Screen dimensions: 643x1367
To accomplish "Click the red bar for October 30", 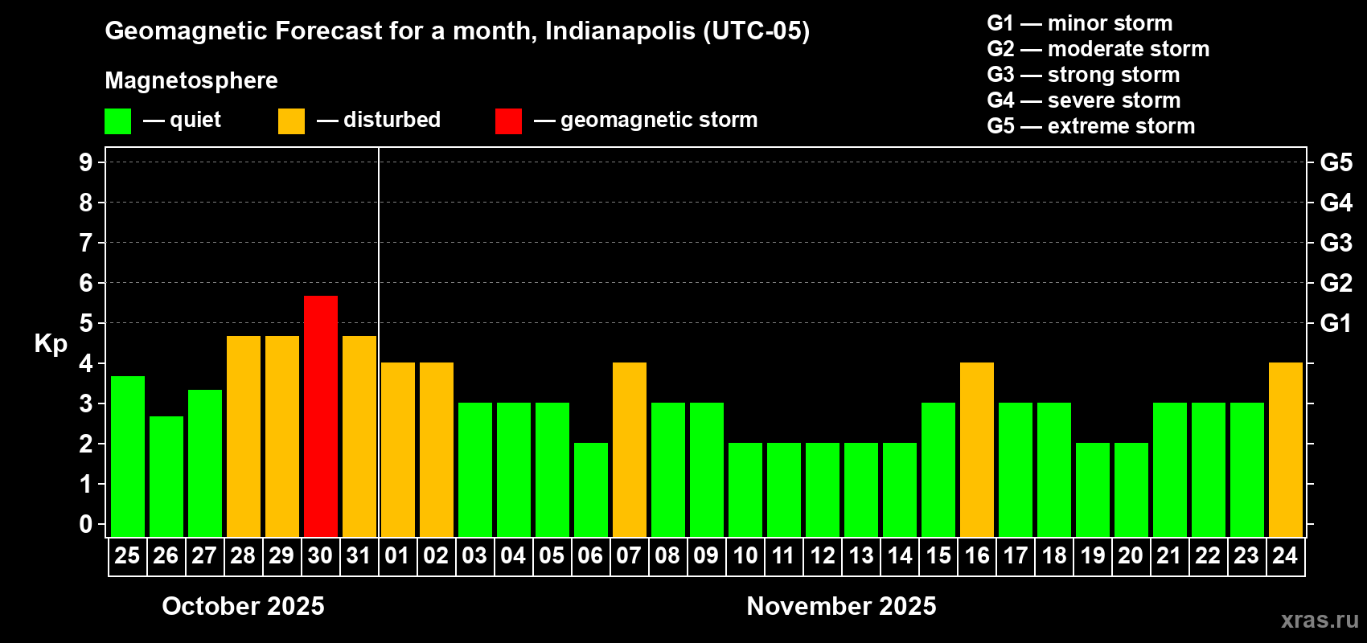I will pyautogui.click(x=320, y=416).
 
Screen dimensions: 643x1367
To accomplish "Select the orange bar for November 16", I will pyautogui.click(x=977, y=449).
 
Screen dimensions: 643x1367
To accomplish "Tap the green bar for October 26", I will pyautogui.click(x=166, y=476).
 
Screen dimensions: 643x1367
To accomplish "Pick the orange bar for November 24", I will pyautogui.click(x=1285, y=449).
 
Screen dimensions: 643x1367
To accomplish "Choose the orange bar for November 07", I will pyautogui.click(x=629, y=449).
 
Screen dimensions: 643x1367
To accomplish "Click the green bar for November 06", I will pyautogui.click(x=590, y=489).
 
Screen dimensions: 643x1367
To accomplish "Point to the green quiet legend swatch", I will pyautogui.click(x=117, y=121).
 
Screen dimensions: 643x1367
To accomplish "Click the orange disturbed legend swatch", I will pyautogui.click(x=291, y=121).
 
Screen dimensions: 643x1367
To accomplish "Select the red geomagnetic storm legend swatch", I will pyautogui.click(x=508, y=121).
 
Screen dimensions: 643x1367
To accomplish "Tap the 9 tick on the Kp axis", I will pyautogui.click(x=86, y=162).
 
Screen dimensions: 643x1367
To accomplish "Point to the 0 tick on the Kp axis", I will pyautogui.click(x=86, y=524).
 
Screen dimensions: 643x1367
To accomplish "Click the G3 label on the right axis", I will pyautogui.click(x=1336, y=243).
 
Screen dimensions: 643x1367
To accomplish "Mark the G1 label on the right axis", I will pyautogui.click(x=1336, y=323).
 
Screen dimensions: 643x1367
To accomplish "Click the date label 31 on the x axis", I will pyautogui.click(x=359, y=555).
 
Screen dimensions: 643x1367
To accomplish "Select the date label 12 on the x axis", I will pyautogui.click(x=822, y=555).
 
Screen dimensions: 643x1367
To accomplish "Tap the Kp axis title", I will pyautogui.click(x=51, y=344).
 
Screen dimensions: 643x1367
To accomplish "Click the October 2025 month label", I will pyautogui.click(x=243, y=606).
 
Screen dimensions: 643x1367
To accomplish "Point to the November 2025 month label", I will pyautogui.click(x=841, y=606).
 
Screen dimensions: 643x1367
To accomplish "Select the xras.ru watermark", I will pyautogui.click(x=1320, y=620).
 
